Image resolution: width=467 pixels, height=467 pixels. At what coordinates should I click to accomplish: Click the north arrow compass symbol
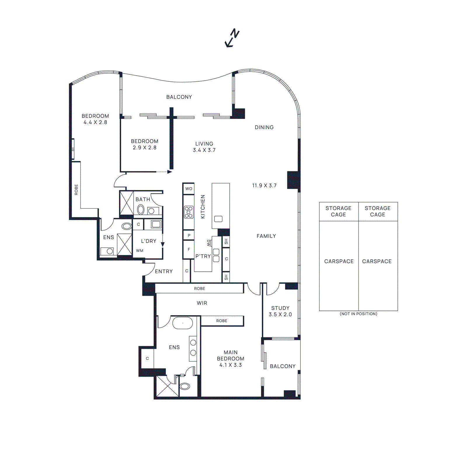pos(232,38)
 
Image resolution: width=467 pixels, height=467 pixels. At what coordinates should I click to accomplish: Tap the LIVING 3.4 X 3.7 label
pos(204,147)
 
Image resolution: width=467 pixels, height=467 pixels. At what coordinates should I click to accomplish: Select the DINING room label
pos(264,127)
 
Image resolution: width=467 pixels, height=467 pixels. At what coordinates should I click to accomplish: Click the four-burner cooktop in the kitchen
pos(189,212)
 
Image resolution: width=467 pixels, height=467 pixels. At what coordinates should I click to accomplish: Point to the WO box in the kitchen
pos(189,189)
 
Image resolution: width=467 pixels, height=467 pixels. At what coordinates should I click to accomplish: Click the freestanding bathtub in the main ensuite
pos(183,323)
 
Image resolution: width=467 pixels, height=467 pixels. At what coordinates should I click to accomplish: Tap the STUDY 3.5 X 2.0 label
pos(280,311)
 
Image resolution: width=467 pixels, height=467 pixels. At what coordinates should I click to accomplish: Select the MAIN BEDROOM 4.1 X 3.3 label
pos(231,358)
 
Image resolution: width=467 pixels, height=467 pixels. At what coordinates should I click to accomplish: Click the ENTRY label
pos(164,271)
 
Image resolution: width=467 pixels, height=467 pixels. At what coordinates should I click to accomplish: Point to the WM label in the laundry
pos(140,250)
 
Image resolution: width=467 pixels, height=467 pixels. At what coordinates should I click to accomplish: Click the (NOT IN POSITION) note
pos(358,314)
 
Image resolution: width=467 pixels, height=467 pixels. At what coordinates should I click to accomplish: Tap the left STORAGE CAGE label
pos(338,211)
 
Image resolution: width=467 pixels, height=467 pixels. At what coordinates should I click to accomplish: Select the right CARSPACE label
pos(377,261)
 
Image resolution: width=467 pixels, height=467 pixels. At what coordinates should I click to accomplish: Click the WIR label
pos(202,303)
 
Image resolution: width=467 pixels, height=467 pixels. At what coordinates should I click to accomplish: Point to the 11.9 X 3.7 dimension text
pos(264,185)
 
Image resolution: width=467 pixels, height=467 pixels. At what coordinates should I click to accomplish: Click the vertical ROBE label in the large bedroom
pos(76,189)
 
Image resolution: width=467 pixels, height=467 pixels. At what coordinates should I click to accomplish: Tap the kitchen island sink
pos(218,219)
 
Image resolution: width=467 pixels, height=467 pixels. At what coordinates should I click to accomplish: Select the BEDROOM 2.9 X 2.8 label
pos(144,144)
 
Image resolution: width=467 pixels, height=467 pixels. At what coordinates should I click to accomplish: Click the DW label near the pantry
pos(208,243)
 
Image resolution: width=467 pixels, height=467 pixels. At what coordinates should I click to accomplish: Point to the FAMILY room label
pos(266,236)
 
